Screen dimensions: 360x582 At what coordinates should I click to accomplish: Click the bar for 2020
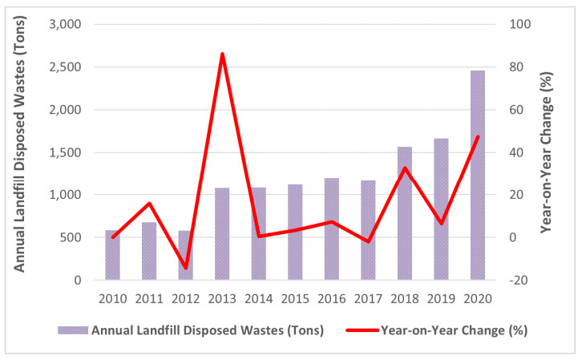pyautogui.click(x=477, y=176)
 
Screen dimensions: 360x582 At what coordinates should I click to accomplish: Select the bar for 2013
pyautogui.click(x=222, y=234)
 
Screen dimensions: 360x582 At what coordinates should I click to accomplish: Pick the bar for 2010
pyautogui.click(x=112, y=255)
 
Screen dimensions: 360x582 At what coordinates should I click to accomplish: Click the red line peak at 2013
pyautogui.click(x=222, y=54)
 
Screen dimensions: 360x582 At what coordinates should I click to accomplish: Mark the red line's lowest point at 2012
pyautogui.click(x=185, y=268)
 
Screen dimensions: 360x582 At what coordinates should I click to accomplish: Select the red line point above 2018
pyautogui.click(x=404, y=168)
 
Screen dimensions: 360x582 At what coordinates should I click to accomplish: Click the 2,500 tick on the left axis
pyautogui.click(x=66, y=67)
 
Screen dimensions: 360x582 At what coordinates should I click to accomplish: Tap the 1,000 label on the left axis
pyautogui.click(x=66, y=195)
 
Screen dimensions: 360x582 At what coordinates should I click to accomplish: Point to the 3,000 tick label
pyautogui.click(x=66, y=25)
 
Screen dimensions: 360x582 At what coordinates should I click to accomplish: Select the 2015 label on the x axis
pyautogui.click(x=294, y=299)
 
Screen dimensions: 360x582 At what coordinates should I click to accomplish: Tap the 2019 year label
pyautogui.click(x=440, y=299)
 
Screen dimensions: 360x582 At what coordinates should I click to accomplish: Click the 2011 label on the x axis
pyautogui.click(x=148, y=299)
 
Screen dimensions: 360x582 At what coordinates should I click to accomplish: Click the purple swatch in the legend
pyautogui.click(x=72, y=330)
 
